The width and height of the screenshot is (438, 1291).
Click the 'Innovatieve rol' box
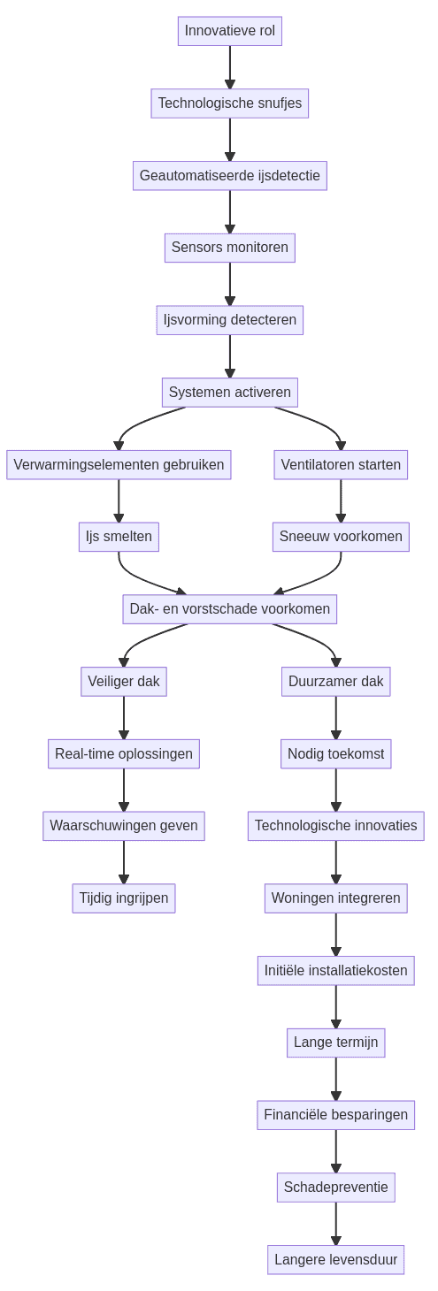coord(230,31)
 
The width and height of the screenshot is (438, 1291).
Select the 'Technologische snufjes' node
coord(230,103)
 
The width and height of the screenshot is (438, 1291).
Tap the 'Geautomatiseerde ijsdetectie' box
coord(230,175)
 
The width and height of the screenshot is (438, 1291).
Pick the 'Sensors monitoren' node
coord(230,248)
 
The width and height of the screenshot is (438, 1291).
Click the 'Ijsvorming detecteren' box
coord(230,320)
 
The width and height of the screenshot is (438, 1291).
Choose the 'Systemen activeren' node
coord(230,393)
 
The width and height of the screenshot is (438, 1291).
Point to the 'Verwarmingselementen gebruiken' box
coord(119,464)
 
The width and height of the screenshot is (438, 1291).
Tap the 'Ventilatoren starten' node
coord(341,464)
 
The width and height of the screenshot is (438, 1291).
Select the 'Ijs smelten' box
coord(119,537)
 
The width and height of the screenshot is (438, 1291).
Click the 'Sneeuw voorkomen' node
coord(341,537)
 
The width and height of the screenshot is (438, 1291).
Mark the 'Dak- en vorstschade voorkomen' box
coord(230,609)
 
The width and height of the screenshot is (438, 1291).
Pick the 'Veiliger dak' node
coord(124,682)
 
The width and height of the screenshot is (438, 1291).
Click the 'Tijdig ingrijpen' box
coord(124,898)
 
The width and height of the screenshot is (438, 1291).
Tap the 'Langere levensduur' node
coord(336,1260)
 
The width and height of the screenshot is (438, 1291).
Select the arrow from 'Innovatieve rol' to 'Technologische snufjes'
coord(230,67)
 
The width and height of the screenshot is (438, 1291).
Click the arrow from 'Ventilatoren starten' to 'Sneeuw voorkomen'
coord(341,500)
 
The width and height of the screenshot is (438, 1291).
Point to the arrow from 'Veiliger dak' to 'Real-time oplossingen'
coord(124,717)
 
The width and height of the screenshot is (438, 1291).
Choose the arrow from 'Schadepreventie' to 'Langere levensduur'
coord(336,1224)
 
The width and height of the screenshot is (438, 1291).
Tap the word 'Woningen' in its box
coord(300,898)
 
